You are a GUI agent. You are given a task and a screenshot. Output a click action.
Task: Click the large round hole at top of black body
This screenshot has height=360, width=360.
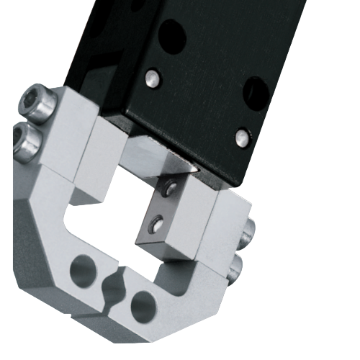coord(171,32)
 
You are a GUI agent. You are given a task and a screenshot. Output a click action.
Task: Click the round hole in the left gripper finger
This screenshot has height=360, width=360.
coord(82,271)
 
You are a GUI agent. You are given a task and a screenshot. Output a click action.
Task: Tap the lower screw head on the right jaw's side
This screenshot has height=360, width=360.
coord(235,270)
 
